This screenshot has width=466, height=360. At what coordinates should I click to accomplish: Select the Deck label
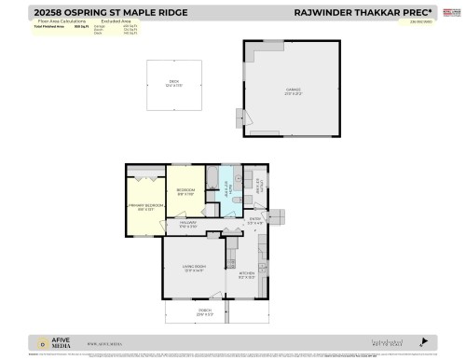coord(172,84)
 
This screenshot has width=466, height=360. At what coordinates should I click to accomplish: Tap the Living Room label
coord(194,270)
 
